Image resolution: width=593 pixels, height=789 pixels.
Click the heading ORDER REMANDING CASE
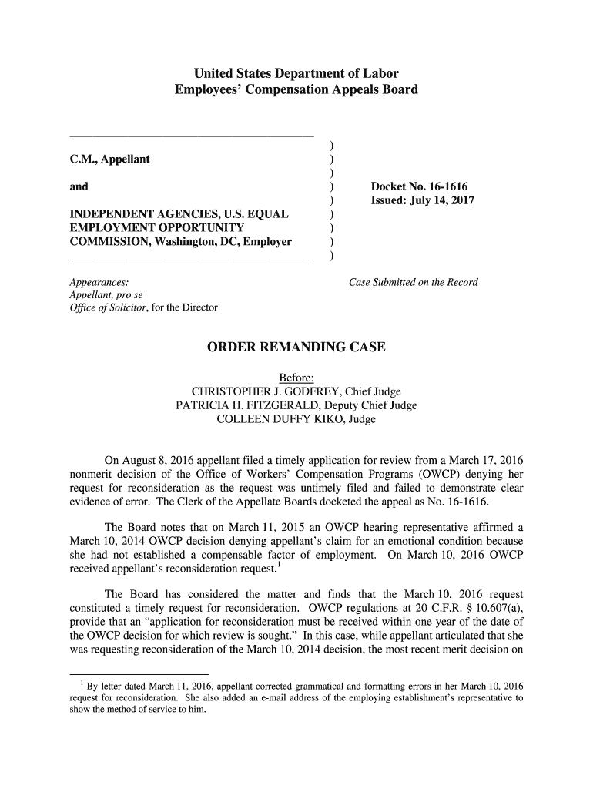(x=296, y=347)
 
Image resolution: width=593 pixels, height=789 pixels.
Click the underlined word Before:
(x=296, y=378)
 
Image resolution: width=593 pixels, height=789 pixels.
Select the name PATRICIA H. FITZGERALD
(x=246, y=406)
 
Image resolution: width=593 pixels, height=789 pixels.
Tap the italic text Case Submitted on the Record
(x=414, y=282)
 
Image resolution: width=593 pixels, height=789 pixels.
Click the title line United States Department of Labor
(x=296, y=75)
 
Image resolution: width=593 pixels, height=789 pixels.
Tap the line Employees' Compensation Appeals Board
(x=296, y=90)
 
